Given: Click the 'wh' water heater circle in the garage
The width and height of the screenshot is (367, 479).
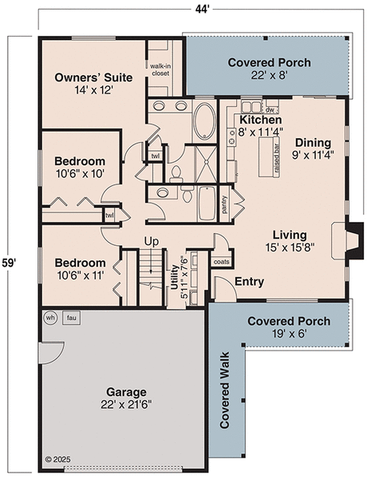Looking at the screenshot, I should point(50,317).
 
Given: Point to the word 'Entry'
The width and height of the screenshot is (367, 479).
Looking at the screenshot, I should point(249,282).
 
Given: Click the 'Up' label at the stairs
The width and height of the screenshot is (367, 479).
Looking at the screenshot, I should point(151,241).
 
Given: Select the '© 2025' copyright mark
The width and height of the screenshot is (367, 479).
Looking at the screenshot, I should point(58,460).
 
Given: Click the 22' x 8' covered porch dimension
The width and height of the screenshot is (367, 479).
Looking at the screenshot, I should point(268,76).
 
